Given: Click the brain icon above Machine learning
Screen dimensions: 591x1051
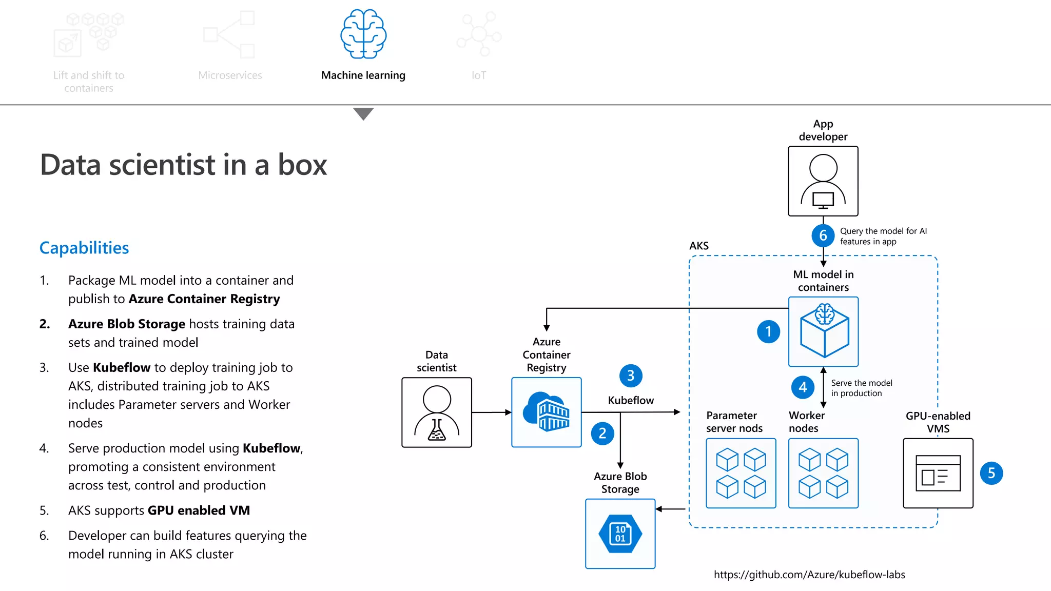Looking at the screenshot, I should [363, 34].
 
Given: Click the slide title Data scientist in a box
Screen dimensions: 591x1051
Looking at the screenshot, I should [183, 165].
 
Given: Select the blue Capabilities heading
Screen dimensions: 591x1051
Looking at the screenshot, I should [84, 248].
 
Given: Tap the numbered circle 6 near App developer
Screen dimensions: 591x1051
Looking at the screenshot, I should [823, 235].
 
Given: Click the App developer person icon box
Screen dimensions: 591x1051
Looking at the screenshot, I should [823, 181].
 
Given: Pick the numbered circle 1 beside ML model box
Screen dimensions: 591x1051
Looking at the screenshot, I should [768, 331].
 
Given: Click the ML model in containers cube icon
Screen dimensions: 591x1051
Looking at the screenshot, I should [823, 331].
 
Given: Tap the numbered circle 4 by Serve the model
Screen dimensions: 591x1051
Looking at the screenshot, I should [803, 387].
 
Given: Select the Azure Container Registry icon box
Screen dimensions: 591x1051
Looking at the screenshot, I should [546, 412].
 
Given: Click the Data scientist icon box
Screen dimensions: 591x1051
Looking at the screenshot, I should [436, 412].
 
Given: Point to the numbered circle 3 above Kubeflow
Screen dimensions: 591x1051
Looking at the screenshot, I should [631, 376].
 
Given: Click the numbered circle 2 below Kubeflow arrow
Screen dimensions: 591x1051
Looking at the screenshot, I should [602, 434].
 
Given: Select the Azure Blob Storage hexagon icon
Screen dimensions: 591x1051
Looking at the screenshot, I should [620, 534].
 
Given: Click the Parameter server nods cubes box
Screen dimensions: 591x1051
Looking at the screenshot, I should [741, 473].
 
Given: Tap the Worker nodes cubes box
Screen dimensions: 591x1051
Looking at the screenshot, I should [823, 473].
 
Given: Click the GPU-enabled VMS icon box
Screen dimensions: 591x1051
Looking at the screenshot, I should [938, 473].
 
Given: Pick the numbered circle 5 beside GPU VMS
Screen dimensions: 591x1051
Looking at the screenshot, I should [991, 473].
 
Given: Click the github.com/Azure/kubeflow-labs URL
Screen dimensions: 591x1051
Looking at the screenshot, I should [809, 575].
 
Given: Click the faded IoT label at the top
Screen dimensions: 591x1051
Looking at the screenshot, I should [478, 75].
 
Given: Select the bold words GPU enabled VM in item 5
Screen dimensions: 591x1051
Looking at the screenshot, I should [199, 510].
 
